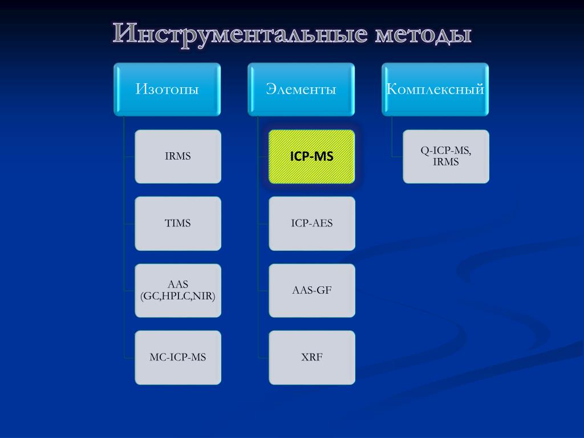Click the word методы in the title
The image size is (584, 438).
[423, 34]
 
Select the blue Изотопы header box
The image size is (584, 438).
[167, 90]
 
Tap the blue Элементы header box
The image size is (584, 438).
[301, 90]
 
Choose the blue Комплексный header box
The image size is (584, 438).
[435, 90]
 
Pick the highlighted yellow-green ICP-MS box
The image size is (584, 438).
[311, 156]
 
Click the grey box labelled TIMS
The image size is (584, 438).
[178, 224]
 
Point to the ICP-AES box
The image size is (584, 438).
[311, 224]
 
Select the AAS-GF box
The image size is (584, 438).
[311, 290]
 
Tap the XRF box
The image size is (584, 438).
[311, 358]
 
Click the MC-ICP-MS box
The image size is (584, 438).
[178, 358]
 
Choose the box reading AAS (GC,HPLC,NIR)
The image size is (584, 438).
[178, 290]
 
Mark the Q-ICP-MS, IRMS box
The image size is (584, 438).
[446, 156]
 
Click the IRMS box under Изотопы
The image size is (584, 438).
[178, 156]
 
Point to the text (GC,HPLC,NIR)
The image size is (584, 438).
[178, 296]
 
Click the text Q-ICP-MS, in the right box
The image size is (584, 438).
[446, 151]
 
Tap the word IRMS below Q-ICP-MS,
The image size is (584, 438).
[446, 162]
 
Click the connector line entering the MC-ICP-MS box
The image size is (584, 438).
[129, 358]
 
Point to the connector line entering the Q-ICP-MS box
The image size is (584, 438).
[398, 156]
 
